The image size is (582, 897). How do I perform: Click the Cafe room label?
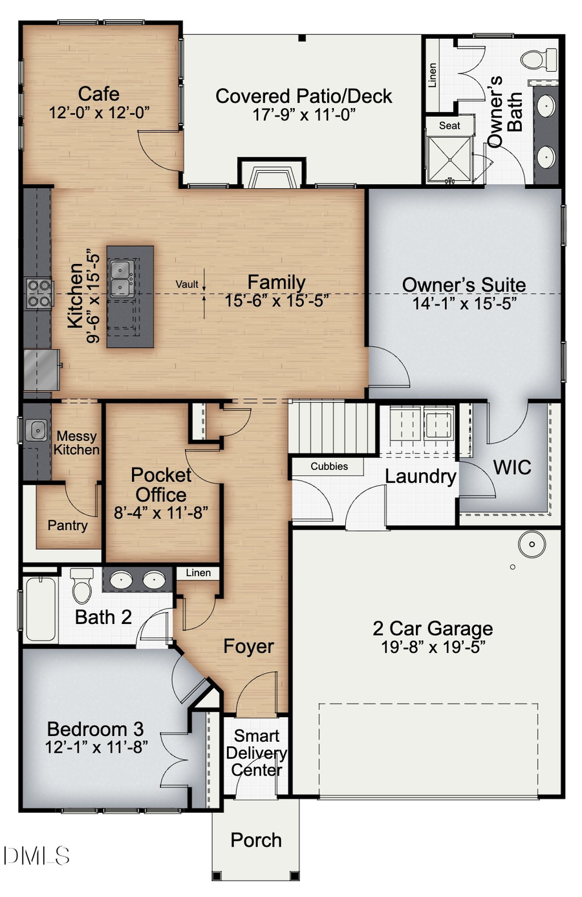point(99,94)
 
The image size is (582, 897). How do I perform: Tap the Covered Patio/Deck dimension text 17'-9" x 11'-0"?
point(303,114)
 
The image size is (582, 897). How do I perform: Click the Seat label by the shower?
point(449,125)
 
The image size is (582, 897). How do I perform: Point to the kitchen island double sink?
point(121,279)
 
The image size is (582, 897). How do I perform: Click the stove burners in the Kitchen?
point(38,293)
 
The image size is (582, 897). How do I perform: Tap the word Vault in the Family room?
point(187,284)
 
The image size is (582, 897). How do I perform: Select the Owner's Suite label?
point(464,285)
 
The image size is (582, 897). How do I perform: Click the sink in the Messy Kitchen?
point(38,429)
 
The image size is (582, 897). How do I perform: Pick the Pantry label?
point(67,525)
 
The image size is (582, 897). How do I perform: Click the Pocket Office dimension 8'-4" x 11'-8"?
point(160,513)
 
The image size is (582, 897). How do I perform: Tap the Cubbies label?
point(329,466)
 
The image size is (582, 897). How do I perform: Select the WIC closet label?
point(512,467)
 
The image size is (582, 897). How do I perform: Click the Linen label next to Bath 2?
point(198,572)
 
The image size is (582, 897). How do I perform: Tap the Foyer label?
point(248,646)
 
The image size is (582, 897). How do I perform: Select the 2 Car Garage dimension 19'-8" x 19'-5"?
point(433,646)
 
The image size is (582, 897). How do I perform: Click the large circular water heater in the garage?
point(532,544)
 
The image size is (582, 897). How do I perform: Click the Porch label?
point(256,840)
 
